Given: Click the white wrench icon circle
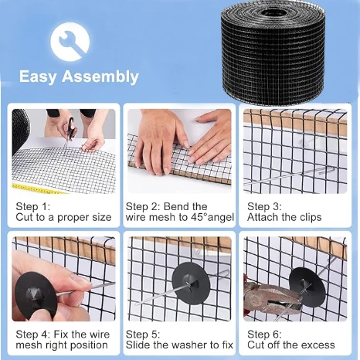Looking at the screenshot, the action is [x=70, y=42].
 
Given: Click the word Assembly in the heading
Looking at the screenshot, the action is [x=100, y=77].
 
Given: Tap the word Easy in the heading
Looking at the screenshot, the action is [x=38, y=77].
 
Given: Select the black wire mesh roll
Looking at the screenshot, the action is [x=273, y=53].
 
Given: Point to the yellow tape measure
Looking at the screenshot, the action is [x=39, y=188].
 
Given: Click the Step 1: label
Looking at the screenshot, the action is [x=33, y=206].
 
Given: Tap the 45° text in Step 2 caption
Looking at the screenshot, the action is [x=199, y=217].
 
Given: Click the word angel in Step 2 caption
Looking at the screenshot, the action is [x=221, y=218].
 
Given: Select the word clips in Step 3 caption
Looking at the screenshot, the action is [x=310, y=218].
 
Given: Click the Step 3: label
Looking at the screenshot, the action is [x=264, y=206].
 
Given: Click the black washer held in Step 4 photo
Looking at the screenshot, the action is [x=36, y=295].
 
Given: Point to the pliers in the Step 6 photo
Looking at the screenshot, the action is [x=273, y=299].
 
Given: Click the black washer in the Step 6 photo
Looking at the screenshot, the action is [x=307, y=287].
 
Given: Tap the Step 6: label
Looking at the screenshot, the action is [x=264, y=335].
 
